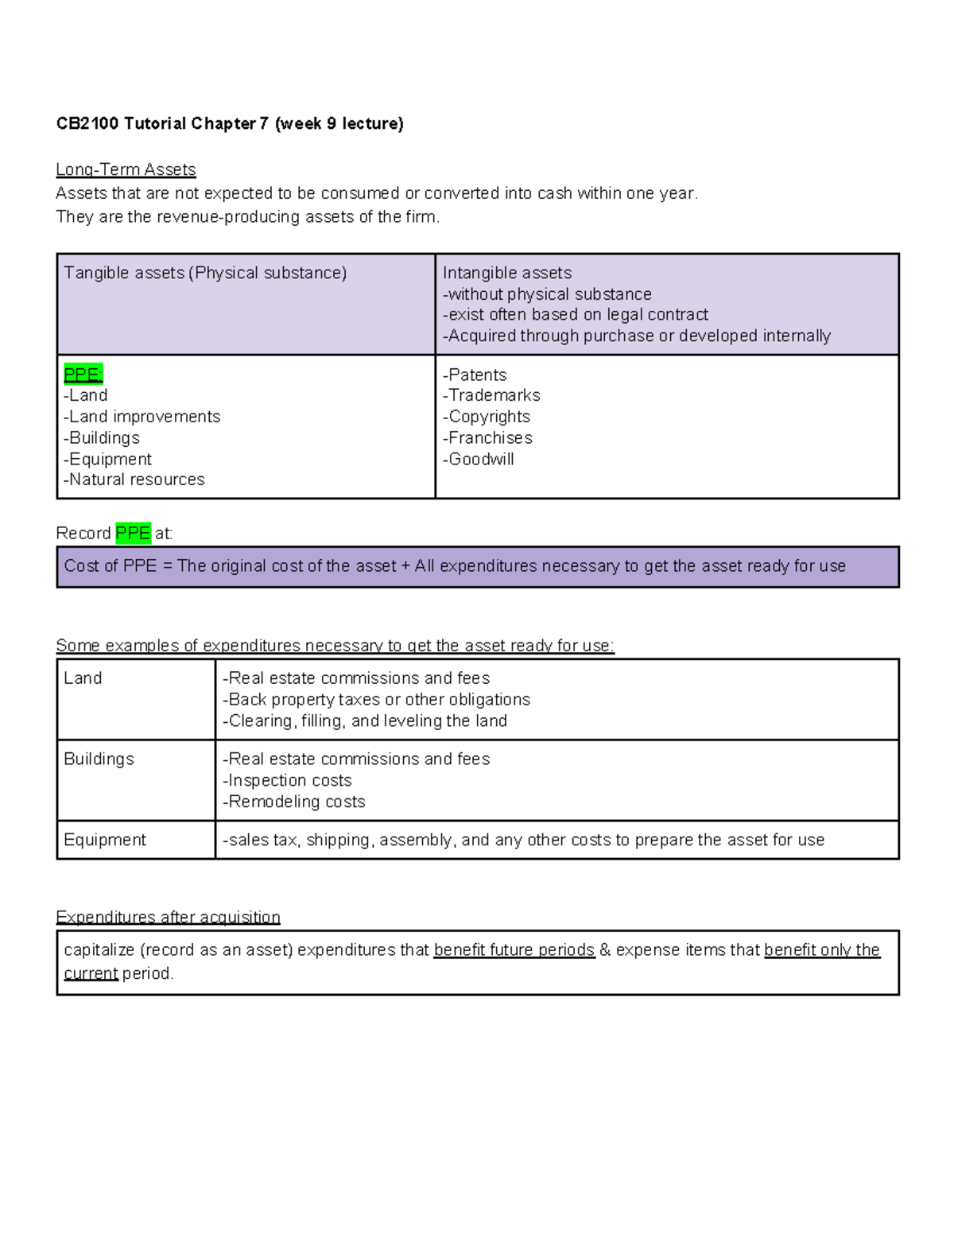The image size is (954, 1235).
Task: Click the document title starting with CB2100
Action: click(x=230, y=123)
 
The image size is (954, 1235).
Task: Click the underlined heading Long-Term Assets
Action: click(x=126, y=169)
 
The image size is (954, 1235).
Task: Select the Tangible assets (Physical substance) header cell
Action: click(x=205, y=273)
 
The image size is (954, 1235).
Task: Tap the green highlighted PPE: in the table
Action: click(x=83, y=375)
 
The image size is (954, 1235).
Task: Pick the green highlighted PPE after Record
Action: click(x=133, y=533)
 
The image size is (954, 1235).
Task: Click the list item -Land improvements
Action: click(x=142, y=417)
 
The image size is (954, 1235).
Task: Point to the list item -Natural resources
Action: click(x=134, y=480)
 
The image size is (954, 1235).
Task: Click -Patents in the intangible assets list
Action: click(x=475, y=375)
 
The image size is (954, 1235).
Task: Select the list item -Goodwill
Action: click(x=479, y=459)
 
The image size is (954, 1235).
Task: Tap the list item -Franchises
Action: click(x=487, y=437)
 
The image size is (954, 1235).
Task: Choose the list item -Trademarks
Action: click(x=491, y=395)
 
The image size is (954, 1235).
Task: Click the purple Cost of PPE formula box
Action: click(x=477, y=566)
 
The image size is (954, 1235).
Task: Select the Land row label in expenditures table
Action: click(x=83, y=678)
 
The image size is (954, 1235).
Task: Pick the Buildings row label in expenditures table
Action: click(x=99, y=759)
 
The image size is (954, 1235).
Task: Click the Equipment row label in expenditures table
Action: click(x=105, y=840)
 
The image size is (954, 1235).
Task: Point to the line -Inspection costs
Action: click(x=287, y=780)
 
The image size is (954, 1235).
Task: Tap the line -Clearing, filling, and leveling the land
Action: click(x=365, y=720)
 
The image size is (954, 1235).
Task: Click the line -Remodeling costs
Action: click(x=294, y=802)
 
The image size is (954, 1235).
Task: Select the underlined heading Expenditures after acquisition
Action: click(x=168, y=917)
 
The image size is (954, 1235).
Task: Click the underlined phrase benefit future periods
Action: click(x=514, y=950)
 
